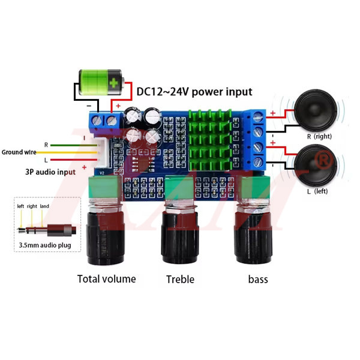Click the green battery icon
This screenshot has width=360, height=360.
101,82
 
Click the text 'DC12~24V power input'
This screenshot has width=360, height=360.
194,92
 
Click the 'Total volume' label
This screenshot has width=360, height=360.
107,278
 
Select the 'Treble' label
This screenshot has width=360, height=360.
181,279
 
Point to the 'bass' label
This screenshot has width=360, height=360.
258,279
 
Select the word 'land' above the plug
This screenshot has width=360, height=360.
45,206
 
